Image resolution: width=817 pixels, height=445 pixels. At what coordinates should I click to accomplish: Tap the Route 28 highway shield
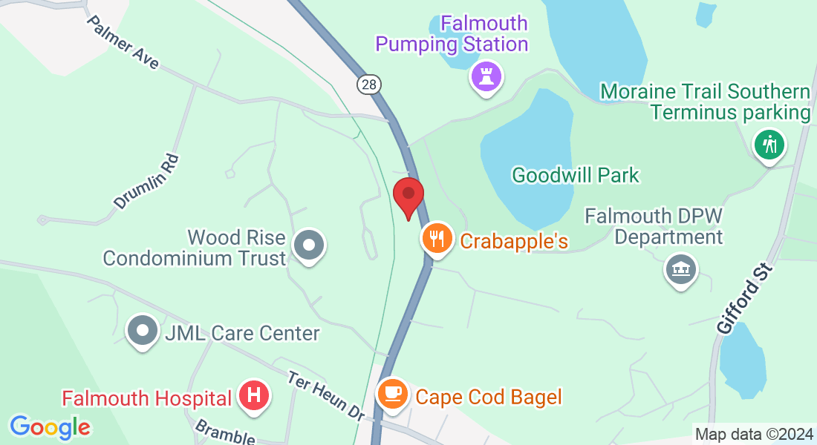click(368, 85)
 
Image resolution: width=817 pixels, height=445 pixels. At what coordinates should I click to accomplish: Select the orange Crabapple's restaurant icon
click(437, 239)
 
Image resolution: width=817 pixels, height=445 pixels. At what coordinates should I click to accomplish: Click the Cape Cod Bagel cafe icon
click(392, 393)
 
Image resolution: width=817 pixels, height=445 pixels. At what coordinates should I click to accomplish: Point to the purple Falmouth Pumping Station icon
click(486, 76)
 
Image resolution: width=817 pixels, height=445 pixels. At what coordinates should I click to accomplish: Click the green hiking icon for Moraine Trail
click(770, 143)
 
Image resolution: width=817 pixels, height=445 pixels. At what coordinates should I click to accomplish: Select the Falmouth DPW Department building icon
click(680, 269)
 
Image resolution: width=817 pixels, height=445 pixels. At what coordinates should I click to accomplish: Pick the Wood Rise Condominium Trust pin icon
click(307, 245)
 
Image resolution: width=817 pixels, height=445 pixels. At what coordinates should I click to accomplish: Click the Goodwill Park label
click(576, 176)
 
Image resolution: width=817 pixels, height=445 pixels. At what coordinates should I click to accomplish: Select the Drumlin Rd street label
click(147, 181)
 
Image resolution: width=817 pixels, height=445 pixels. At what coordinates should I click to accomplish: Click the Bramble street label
click(224, 431)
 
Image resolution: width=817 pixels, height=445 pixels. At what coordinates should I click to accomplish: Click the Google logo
click(51, 427)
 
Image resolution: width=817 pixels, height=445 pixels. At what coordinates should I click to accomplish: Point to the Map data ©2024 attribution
click(753, 434)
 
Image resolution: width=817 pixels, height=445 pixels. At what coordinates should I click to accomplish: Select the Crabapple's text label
click(514, 241)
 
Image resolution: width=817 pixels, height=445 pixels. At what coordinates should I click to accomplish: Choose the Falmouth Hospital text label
click(146, 398)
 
